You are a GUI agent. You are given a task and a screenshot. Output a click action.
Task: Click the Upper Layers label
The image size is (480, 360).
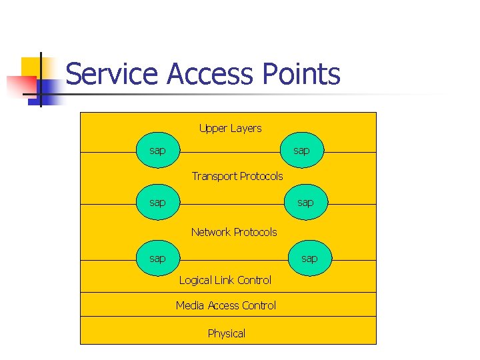click(x=230, y=128)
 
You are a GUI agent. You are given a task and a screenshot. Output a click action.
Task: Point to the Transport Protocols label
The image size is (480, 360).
click(x=237, y=176)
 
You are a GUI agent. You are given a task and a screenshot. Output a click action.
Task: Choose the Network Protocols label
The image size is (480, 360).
click(x=234, y=232)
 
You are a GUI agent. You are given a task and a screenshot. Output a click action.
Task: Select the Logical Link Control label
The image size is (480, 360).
click(x=225, y=280)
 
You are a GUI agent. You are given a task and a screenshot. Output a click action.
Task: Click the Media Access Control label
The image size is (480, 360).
click(x=226, y=305)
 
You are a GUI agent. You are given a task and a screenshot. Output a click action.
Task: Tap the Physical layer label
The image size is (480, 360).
click(x=227, y=333)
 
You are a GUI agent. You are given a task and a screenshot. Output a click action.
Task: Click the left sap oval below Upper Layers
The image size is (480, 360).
click(x=157, y=151)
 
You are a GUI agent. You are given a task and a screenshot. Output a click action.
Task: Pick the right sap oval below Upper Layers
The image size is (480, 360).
click(x=301, y=151)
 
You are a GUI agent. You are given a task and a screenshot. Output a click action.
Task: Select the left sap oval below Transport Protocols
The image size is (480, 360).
click(x=157, y=202)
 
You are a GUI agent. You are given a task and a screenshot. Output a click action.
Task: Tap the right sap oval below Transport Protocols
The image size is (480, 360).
click(x=305, y=202)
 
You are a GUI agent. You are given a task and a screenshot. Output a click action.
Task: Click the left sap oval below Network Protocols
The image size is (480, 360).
click(x=157, y=258)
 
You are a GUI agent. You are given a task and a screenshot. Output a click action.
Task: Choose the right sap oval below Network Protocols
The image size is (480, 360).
click(x=309, y=258)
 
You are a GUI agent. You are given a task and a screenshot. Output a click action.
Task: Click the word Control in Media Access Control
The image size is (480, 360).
click(x=259, y=305)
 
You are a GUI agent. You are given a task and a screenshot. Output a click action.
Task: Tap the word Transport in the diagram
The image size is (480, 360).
click(x=214, y=176)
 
